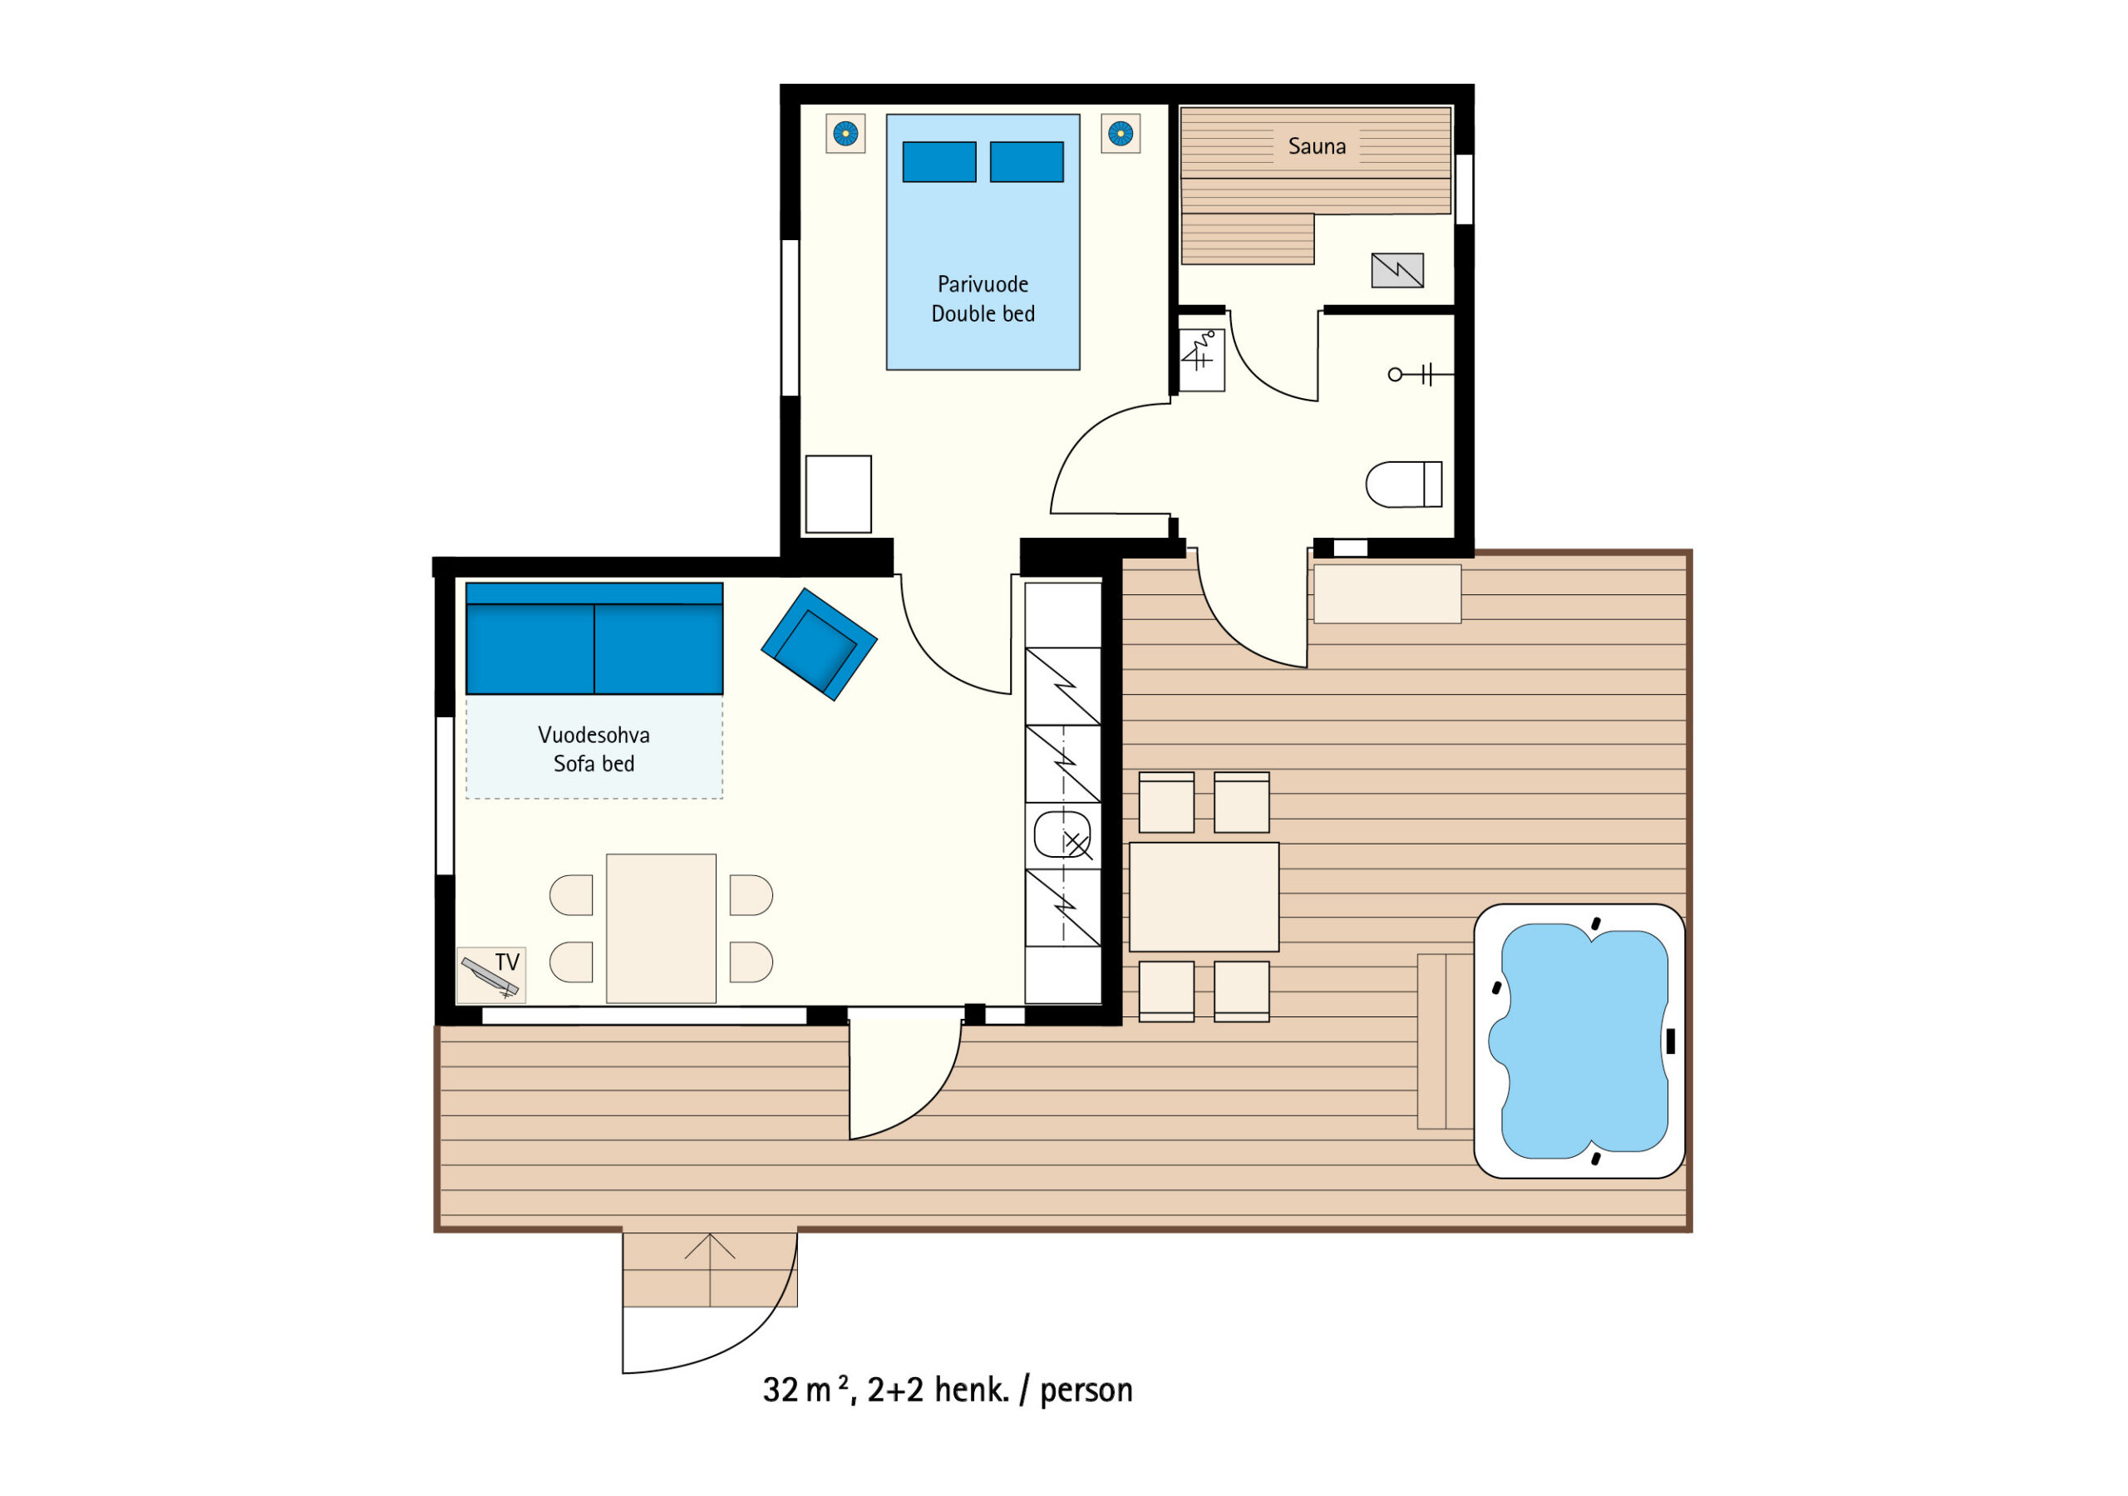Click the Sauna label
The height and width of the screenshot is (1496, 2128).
1316,146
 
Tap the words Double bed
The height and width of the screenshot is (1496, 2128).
983,314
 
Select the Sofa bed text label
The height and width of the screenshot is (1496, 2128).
594,764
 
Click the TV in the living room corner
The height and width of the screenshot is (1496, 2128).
491,975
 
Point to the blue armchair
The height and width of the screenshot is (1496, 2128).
820,644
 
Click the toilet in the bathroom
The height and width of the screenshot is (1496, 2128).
1404,485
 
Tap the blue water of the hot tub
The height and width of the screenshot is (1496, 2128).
1584,1041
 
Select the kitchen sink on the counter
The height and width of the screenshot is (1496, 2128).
1062,834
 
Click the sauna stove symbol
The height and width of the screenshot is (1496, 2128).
1397,270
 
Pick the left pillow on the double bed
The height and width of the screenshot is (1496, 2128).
938,162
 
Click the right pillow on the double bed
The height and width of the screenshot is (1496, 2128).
1027,162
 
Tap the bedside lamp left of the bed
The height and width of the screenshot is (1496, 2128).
845,134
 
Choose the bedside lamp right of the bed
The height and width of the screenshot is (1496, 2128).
1121,134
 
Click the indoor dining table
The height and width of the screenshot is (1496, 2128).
661,928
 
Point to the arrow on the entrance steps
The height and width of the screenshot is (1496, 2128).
710,1270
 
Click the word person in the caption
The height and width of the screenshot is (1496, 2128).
1086,1392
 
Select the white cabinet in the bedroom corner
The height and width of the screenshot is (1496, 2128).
838,494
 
